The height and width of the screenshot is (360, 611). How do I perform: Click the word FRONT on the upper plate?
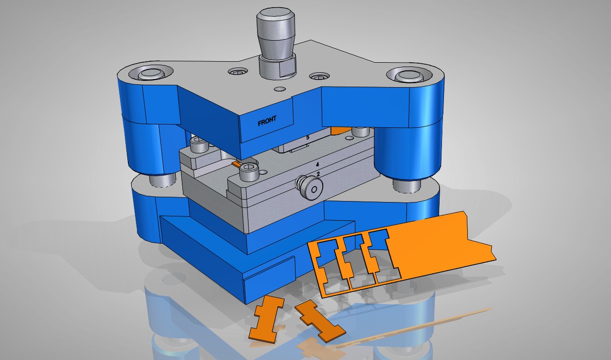point(267,121)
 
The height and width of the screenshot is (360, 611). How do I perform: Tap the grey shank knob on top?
point(275,32)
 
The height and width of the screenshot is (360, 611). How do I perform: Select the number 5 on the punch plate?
point(308,137)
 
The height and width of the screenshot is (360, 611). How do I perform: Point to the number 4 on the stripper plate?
point(317,165)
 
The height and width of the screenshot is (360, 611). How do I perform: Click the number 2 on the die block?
point(318,174)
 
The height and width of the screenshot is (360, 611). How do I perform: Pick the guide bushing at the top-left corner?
point(150,73)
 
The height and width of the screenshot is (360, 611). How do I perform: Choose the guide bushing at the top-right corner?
point(410,75)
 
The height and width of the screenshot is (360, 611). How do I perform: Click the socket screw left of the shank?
point(238,72)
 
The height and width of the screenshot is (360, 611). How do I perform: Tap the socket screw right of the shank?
point(319,76)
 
